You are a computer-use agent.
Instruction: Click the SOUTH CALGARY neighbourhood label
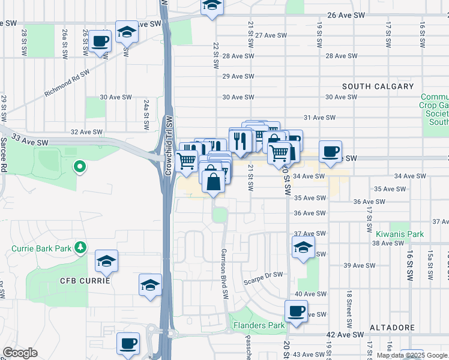pyautogui.click(x=378, y=86)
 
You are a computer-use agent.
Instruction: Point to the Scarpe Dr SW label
pyautogui.click(x=263, y=274)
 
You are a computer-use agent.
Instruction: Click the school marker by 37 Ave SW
pyautogui.click(x=304, y=247)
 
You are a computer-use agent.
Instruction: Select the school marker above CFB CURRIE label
pyautogui.click(x=106, y=261)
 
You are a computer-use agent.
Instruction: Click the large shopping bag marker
pyautogui.click(x=214, y=180)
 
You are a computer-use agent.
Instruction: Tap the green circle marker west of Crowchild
pyautogui.click(x=79, y=167)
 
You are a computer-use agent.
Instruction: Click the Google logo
pyautogui.click(x=20, y=353)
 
